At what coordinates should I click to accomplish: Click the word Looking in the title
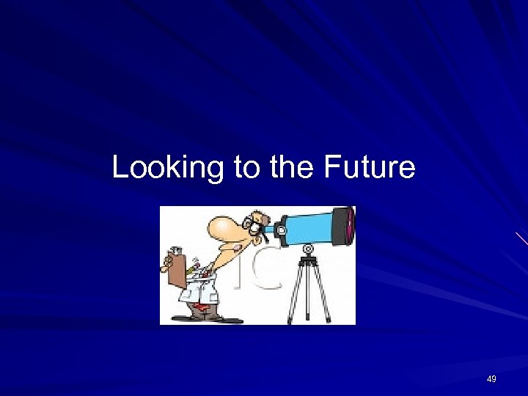coord(167,168)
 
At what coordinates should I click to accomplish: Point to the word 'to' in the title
coord(247,168)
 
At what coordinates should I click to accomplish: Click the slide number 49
coord(491,379)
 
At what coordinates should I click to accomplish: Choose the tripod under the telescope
coord(309,290)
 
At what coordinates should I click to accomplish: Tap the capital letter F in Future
coord(329,168)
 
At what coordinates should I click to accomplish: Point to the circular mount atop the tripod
coord(309,249)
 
